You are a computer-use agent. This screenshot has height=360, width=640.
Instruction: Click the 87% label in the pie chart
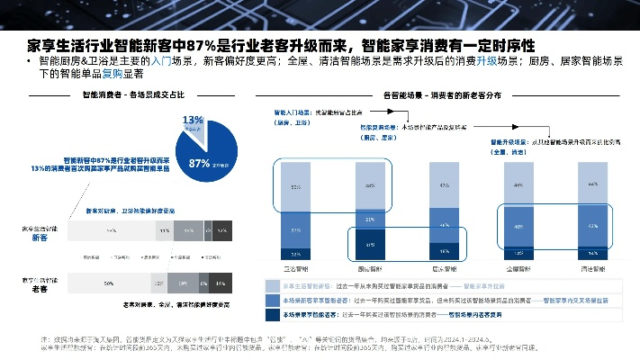(x=200, y=163)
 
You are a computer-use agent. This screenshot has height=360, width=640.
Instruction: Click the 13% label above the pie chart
(x=192, y=120)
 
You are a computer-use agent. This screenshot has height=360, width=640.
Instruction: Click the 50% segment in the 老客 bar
(x=108, y=283)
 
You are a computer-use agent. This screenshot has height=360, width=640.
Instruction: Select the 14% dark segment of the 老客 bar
(x=221, y=283)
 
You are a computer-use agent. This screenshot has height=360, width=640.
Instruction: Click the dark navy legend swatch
(x=273, y=316)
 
